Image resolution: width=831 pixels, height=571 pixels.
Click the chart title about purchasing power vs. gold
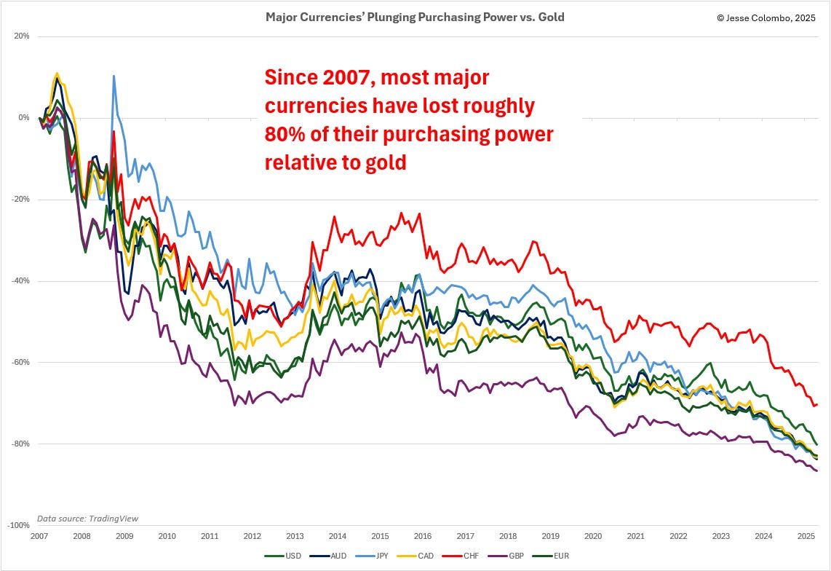[415, 17]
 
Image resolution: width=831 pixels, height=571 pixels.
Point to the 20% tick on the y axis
[22, 36]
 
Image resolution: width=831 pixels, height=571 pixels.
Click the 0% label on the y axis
[24, 117]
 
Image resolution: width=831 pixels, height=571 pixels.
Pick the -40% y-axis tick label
[20, 281]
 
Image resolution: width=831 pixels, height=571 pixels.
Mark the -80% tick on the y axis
[20, 444]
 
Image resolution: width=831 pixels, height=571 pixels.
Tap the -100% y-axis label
[18, 525]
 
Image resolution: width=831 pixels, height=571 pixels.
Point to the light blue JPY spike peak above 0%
[114, 76]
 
